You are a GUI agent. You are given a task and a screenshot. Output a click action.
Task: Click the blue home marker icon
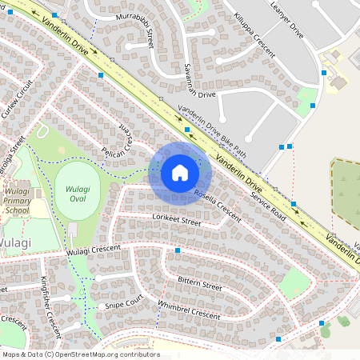(180, 172)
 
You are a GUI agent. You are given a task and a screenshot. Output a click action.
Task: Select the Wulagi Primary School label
(17, 203)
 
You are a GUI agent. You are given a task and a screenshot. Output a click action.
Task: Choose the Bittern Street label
(200, 284)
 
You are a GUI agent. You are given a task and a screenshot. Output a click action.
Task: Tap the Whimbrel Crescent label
(189, 310)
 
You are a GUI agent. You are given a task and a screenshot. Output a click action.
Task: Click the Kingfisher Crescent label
(50, 295)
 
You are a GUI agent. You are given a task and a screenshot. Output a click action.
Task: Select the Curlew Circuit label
(17, 99)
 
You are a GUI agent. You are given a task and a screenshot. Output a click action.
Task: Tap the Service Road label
(268, 206)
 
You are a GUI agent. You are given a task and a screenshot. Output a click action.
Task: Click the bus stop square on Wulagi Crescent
(178, 251)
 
